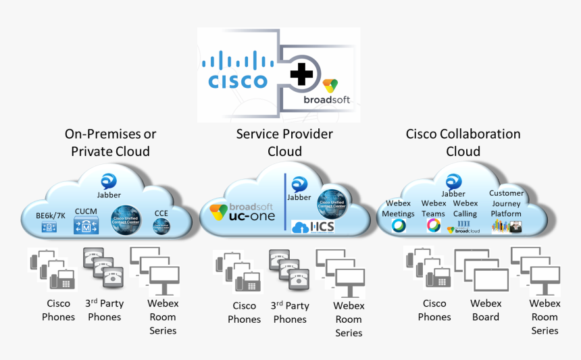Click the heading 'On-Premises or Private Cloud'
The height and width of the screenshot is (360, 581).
click(x=110, y=143)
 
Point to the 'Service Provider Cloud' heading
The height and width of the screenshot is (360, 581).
click(x=284, y=143)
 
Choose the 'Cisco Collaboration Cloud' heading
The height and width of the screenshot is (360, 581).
click(x=463, y=143)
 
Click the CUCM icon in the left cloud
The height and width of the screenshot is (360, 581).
click(x=86, y=225)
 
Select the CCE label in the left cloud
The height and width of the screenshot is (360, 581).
click(x=161, y=213)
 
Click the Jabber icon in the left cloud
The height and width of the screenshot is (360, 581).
click(x=109, y=181)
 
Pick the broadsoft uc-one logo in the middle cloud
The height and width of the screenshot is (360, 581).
click(x=241, y=211)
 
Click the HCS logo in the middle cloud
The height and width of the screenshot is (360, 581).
click(x=313, y=227)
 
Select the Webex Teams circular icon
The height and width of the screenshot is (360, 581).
click(x=433, y=225)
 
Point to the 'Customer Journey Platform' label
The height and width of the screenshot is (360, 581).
click(x=506, y=203)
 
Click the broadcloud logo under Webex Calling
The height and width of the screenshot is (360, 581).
click(x=463, y=228)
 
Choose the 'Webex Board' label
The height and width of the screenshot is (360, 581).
click(x=486, y=310)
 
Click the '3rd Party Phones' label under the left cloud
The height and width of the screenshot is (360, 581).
click(x=103, y=310)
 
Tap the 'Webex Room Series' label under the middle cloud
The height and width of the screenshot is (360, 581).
click(x=349, y=319)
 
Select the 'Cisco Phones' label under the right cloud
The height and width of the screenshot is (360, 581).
click(x=434, y=310)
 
